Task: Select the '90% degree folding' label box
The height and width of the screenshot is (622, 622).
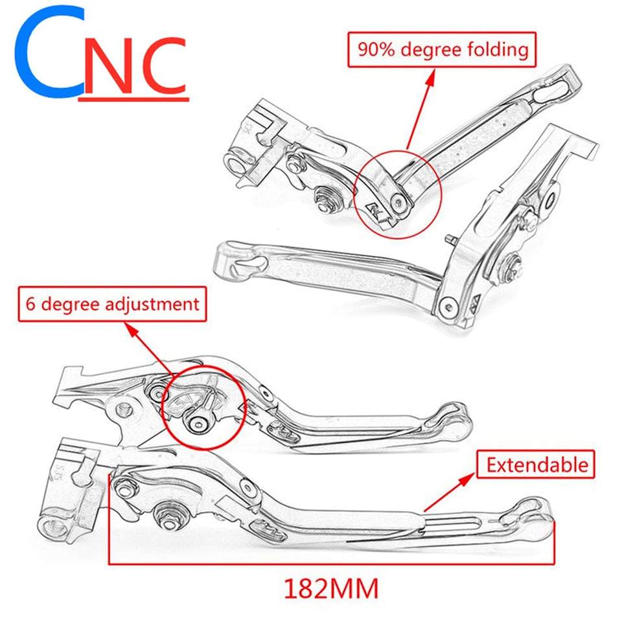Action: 442,49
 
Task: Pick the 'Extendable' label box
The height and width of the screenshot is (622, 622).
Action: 535,465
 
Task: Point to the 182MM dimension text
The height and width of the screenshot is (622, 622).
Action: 330,588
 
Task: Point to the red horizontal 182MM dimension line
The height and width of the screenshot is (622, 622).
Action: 330,563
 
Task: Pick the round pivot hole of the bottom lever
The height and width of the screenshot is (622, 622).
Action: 51,524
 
